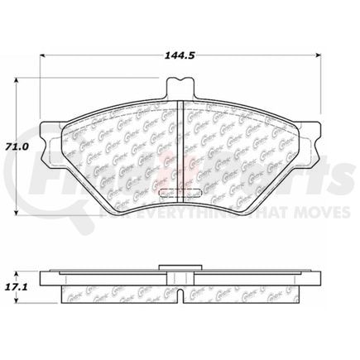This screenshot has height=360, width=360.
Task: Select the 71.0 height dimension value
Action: [19, 146]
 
